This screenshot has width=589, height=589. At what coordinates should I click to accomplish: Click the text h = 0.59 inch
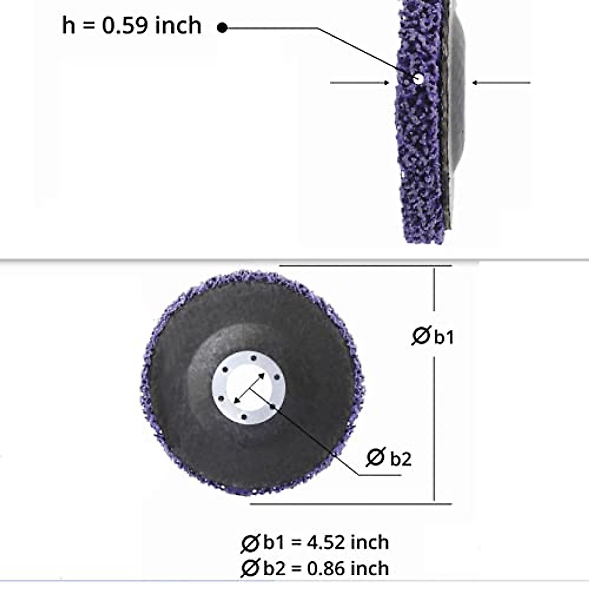[132, 26]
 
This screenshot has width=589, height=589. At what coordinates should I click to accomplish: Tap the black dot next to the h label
[222, 28]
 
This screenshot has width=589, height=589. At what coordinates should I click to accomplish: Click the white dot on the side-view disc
[418, 79]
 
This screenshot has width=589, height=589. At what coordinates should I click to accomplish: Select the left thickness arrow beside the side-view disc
[360, 83]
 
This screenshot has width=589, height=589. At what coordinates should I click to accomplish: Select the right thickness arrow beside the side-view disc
[501, 83]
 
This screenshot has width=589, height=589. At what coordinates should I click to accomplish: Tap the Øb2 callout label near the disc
[389, 458]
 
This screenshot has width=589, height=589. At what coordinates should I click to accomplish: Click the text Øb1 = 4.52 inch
[315, 543]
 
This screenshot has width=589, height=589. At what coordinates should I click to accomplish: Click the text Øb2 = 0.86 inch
[315, 568]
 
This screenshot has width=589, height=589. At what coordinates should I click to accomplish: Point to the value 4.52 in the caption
[326, 543]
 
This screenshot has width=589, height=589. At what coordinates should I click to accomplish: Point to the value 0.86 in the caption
[326, 568]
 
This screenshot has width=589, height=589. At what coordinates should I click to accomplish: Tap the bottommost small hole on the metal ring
[244, 417]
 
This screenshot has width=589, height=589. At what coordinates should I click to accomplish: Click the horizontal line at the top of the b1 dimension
[366, 266]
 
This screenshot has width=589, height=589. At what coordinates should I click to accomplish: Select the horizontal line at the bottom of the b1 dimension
[351, 503]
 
